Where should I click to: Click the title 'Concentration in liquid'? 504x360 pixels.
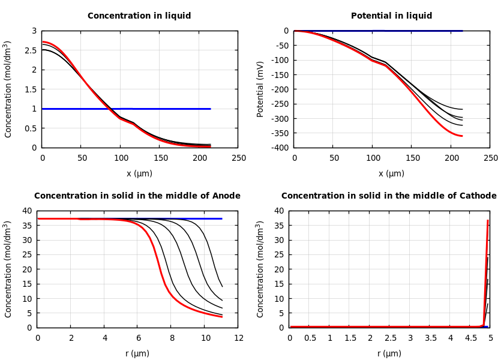click(x=139, y=16)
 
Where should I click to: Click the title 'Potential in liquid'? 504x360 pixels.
click(x=391, y=16)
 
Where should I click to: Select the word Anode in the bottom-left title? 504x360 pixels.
click(x=227, y=196)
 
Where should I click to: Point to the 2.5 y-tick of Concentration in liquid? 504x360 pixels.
click(x=31, y=50)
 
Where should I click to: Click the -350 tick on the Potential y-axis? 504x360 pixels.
click(x=279, y=133)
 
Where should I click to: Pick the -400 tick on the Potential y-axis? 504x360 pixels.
click(x=279, y=148)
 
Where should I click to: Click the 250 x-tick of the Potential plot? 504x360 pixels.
click(x=490, y=158)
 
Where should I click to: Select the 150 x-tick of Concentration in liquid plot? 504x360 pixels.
click(x=159, y=158)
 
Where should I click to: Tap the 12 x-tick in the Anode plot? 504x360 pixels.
click(x=238, y=338)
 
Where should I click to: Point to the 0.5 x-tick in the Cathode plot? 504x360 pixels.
click(x=310, y=338)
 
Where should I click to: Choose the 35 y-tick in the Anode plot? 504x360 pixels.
click(x=26, y=226)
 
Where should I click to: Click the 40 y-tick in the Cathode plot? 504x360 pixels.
click(x=278, y=211)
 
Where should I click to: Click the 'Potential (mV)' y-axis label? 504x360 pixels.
click(x=260, y=89)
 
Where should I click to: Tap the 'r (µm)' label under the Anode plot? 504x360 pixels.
click(x=137, y=353)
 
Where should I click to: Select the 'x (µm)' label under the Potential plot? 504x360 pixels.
click(x=391, y=173)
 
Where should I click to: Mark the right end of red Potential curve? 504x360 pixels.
click(x=461, y=136)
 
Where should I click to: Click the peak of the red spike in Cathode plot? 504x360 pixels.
click(x=488, y=220)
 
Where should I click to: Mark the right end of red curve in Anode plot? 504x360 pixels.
click(x=222, y=317)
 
